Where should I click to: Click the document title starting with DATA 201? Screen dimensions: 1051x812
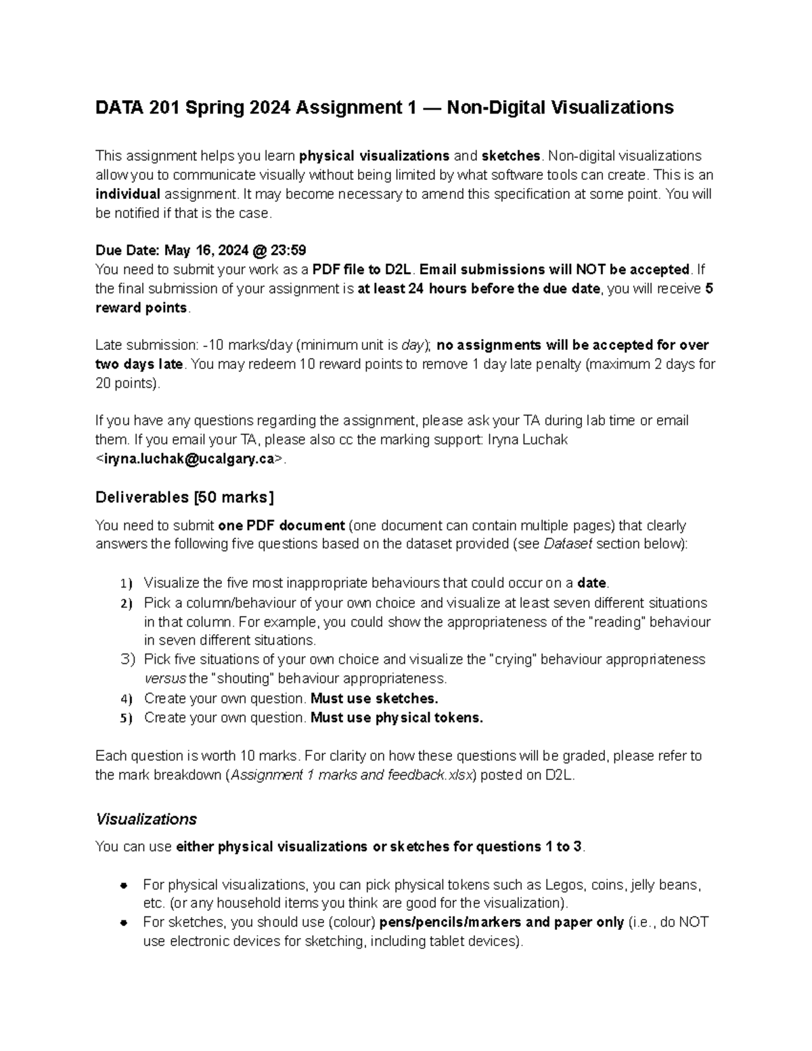(384, 108)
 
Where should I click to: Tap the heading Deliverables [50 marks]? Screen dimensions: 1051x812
(185, 497)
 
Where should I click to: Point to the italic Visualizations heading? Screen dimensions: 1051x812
(146, 819)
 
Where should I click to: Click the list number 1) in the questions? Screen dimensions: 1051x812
(127, 583)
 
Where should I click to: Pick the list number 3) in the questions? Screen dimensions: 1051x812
(127, 659)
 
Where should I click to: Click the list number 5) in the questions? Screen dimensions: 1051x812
(127, 718)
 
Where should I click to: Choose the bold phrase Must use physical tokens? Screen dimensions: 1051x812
(397, 718)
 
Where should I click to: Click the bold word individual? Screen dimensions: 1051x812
(128, 194)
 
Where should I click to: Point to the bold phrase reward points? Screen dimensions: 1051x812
(141, 308)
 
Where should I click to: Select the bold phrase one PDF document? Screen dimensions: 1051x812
(281, 526)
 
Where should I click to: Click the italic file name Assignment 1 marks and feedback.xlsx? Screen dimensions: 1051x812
(353, 776)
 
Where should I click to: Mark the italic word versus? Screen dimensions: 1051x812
(164, 679)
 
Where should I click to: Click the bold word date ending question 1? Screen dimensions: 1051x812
(592, 583)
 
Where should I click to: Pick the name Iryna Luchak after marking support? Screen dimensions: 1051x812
(528, 440)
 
